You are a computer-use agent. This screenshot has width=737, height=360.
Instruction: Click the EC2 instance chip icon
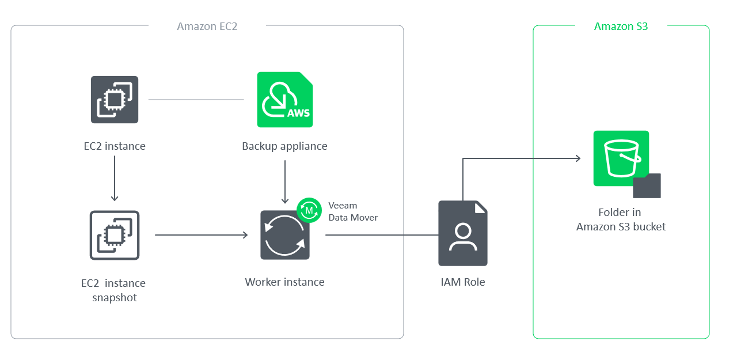coord(115,100)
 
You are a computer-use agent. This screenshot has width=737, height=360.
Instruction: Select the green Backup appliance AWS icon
coord(285,100)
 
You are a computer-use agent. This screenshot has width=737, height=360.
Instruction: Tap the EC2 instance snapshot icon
coord(115,235)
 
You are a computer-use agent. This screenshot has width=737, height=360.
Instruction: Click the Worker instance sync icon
coord(284,235)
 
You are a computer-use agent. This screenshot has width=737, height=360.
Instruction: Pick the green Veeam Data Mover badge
coord(309,210)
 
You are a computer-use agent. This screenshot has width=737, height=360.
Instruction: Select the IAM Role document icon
coord(462,233)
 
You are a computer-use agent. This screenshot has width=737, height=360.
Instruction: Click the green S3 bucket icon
coord(621,158)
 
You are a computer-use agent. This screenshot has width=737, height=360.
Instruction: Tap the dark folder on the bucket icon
coord(647,186)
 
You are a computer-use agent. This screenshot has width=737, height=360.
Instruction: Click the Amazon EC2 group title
coord(207,26)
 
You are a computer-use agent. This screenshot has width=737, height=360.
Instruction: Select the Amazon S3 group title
coord(621,26)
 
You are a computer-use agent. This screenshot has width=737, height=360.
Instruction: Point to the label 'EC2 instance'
coord(115,146)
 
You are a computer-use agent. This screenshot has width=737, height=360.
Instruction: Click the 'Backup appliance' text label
coord(284,146)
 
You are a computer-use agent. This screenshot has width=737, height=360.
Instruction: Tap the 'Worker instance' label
coord(284,282)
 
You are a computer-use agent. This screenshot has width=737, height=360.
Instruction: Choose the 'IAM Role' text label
coord(462,282)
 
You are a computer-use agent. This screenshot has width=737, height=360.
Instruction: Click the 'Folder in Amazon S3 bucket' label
coord(621,219)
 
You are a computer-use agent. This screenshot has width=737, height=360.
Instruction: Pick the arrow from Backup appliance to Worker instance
coord(284,181)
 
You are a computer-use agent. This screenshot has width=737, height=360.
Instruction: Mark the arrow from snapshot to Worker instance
coord(201,235)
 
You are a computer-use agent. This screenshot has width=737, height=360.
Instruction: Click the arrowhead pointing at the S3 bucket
coord(578,158)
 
